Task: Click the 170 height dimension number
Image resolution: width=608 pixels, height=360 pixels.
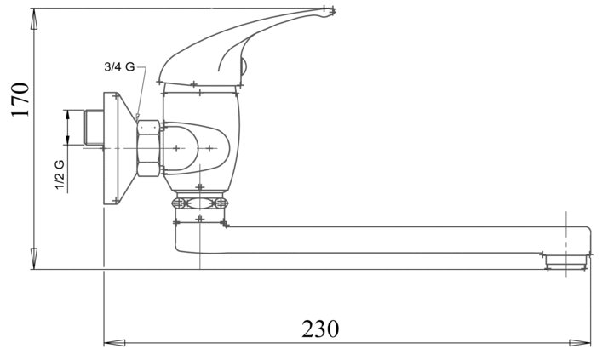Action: [x=20, y=100]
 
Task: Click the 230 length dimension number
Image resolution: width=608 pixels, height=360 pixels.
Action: [x=320, y=329]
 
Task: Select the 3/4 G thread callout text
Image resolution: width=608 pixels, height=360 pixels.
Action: [x=119, y=67]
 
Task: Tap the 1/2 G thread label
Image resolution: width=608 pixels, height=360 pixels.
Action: [x=60, y=174]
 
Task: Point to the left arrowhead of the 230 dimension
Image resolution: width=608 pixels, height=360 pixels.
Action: [x=114, y=343]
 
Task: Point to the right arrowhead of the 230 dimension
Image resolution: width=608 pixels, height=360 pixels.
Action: [x=580, y=343]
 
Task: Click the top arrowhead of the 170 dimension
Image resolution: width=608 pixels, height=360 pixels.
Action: [x=34, y=19]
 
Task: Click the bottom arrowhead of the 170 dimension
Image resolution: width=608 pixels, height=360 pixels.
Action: [x=34, y=259]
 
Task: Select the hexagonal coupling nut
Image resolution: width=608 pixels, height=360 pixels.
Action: [x=148, y=148]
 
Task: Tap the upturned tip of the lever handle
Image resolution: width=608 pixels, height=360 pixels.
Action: [x=329, y=11]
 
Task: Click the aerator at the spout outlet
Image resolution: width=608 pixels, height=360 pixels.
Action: [x=565, y=261]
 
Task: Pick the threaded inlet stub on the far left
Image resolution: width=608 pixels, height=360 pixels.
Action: [x=94, y=128]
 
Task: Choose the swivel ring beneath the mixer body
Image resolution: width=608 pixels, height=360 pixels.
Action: [x=199, y=203]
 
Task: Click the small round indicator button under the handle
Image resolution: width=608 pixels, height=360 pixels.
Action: [x=244, y=66]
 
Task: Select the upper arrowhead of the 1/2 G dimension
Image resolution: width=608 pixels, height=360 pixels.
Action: [x=68, y=115]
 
